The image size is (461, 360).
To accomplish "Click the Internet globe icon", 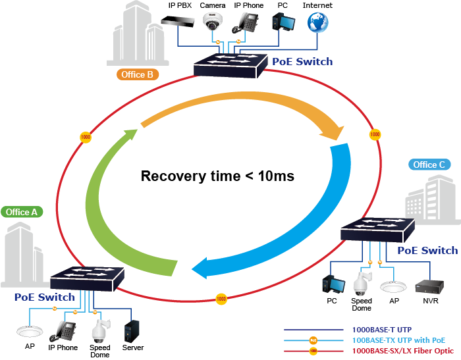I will pyautogui.click(x=317, y=22).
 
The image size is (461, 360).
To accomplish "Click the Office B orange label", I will pyautogui.click(x=137, y=74).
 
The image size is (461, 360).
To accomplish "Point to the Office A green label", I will pyautogui.click(x=22, y=212).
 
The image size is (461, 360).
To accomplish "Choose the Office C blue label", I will pyautogui.click(x=429, y=165).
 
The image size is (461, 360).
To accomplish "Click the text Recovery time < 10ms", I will pyautogui.click(x=217, y=176).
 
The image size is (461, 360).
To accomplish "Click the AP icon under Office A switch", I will pyautogui.click(x=30, y=330).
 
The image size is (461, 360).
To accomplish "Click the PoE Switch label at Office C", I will pyautogui.click(x=427, y=251).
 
